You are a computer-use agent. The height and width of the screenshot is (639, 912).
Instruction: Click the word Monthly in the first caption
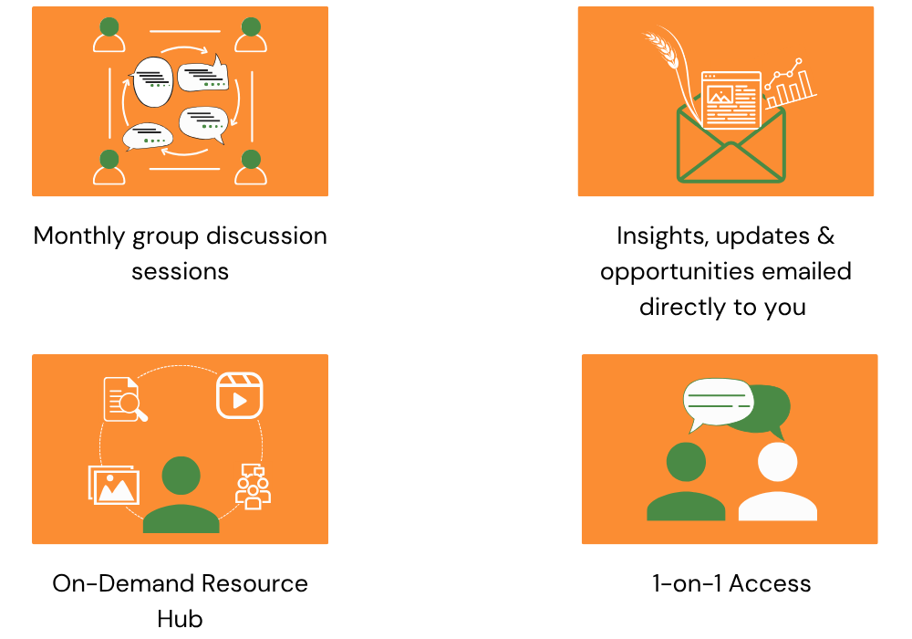pos(79,236)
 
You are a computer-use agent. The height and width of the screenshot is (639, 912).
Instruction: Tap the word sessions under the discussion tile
pos(181,272)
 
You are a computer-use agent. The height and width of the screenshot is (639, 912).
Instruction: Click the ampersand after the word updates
pos(826,236)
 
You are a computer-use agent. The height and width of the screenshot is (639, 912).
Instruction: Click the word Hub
pos(180,619)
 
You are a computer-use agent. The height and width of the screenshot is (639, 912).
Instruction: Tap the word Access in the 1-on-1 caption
pos(770,583)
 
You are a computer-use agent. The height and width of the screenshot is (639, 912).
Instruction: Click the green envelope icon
pos(731,145)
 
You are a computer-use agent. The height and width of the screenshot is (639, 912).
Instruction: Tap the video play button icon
pos(240,396)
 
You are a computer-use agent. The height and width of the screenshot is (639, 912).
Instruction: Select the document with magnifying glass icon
pos(125,399)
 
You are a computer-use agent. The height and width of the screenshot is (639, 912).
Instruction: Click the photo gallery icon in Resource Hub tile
pos(114,485)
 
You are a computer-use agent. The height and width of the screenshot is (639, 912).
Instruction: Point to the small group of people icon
pos(253,487)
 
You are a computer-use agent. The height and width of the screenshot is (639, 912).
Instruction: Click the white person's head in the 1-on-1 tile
pos(778,462)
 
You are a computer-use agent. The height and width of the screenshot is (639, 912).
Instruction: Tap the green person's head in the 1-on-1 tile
pos(687,462)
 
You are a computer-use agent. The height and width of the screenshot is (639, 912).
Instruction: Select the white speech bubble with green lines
pos(718,403)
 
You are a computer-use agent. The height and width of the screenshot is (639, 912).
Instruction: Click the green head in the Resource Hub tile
pos(181,476)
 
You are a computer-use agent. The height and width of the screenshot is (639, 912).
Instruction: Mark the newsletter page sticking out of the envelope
pos(731,100)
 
